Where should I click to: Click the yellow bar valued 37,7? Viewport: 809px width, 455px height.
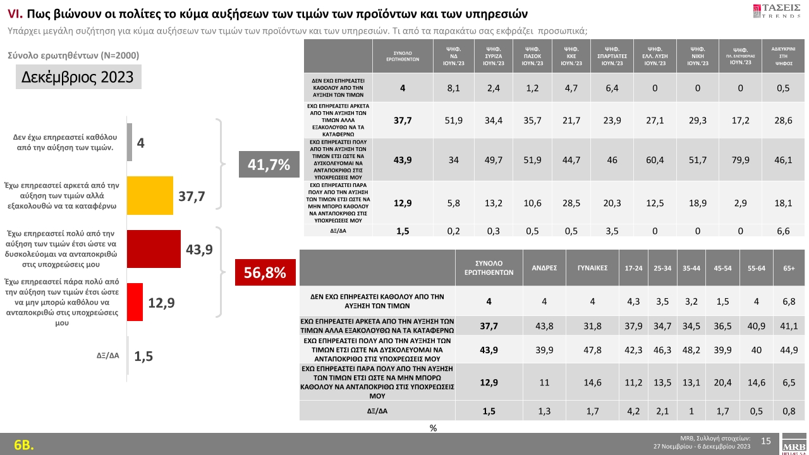pos(150,197)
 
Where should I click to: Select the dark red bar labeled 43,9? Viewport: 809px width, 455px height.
pos(154,249)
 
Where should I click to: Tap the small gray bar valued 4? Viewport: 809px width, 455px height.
pos(130,142)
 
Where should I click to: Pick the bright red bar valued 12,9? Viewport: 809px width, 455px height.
pos(135,303)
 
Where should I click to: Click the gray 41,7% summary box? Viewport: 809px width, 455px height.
pos(269,166)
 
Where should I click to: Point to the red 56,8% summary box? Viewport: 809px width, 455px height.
pos(265,273)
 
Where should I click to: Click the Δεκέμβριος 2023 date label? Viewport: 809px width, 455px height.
pos(78,77)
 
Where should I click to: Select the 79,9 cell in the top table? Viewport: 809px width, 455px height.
pos(739,160)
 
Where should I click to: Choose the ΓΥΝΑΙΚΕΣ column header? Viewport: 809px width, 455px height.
pos(592,268)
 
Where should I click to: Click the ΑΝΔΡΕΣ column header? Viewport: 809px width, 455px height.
pos(544,268)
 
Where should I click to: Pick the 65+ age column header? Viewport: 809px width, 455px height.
pos(789,268)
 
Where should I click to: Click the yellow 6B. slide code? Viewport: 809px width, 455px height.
pos(24,444)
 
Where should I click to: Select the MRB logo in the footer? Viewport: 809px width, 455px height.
pos(793,444)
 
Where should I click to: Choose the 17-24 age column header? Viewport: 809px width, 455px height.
pos(633,268)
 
